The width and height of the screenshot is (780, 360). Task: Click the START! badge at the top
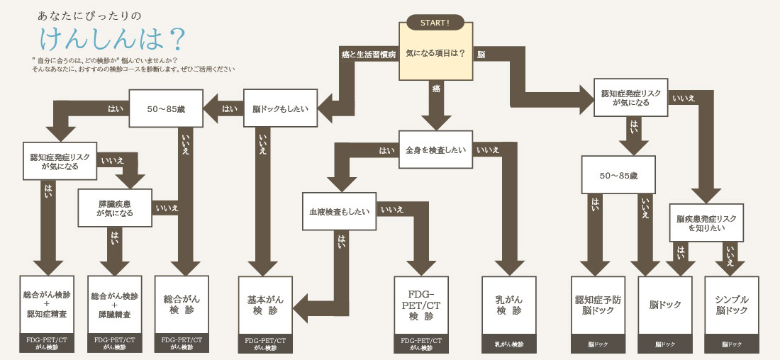tap(435, 22)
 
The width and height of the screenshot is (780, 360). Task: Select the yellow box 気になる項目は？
tap(435, 54)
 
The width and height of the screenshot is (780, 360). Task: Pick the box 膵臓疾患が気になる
tap(114, 208)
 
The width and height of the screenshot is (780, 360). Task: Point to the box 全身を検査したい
tap(435, 150)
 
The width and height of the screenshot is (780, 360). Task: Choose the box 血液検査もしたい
tap(339, 211)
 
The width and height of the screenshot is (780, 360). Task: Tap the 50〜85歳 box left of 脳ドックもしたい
tap(165, 109)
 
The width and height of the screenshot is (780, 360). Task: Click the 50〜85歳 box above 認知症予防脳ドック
tap(616, 174)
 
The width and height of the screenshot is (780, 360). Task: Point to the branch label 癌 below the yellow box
tap(435, 88)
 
